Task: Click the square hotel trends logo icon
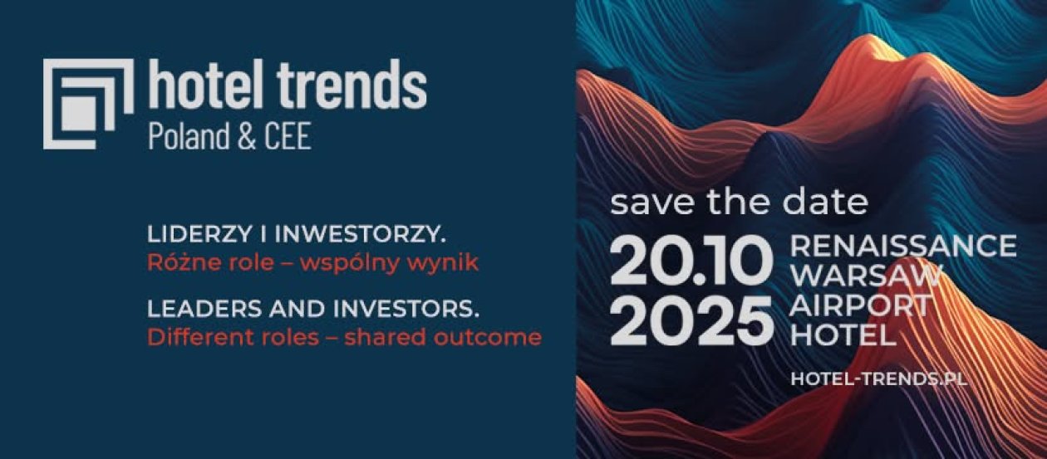click(x=88, y=104)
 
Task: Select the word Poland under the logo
click(x=189, y=135)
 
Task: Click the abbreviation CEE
click(x=288, y=136)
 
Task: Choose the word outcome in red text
click(x=488, y=337)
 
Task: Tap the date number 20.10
click(x=691, y=261)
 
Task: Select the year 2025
click(x=691, y=320)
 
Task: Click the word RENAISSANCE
click(x=903, y=245)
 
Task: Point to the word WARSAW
click(x=865, y=275)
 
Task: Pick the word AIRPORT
click(x=860, y=305)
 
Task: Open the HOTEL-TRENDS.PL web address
click(x=879, y=378)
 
